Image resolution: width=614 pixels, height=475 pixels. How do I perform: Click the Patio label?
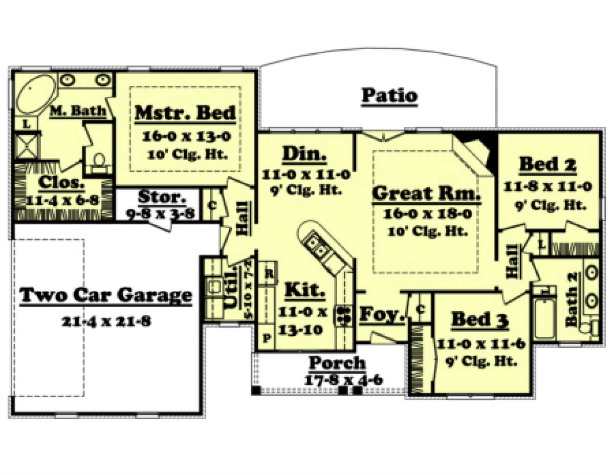tap(389, 96)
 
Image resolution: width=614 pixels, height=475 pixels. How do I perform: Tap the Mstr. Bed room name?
tap(185, 113)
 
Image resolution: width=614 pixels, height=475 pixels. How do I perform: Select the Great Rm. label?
tap(426, 194)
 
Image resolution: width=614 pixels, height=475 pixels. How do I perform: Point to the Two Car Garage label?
tap(106, 295)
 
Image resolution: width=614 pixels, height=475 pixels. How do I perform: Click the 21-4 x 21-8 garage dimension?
tap(106, 321)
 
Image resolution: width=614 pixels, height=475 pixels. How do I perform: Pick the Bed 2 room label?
tap(548, 164)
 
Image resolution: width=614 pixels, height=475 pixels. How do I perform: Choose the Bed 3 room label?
tap(479, 320)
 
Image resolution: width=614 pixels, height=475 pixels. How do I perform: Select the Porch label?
tap(337, 363)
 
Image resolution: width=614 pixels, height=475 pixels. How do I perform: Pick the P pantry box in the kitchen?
tap(267, 338)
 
